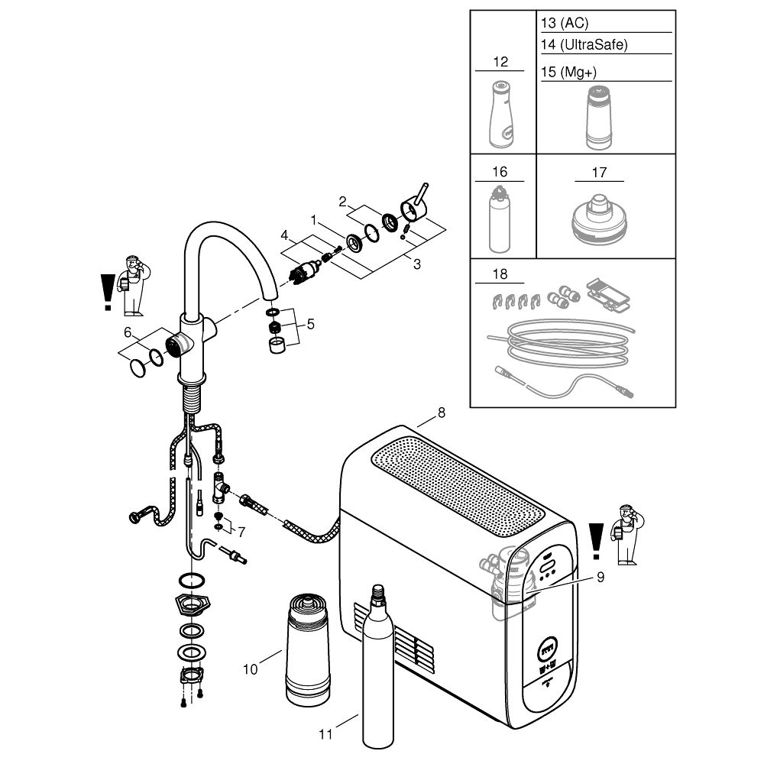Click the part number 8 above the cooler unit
click(x=441, y=413)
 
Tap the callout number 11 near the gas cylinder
click(x=326, y=735)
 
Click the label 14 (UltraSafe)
click(x=584, y=45)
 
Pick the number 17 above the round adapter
click(x=599, y=173)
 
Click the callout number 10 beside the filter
click(x=251, y=670)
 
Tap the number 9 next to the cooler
click(x=601, y=578)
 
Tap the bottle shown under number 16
click(x=499, y=223)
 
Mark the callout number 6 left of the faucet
click(x=128, y=332)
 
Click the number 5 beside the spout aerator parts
click(x=309, y=324)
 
